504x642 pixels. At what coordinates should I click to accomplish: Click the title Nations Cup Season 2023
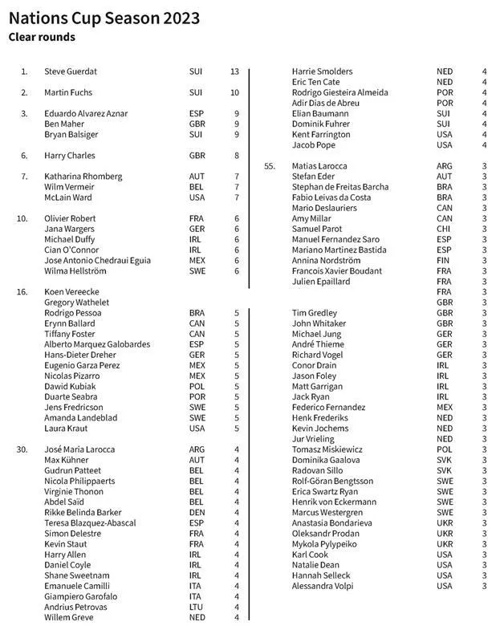tap(104, 18)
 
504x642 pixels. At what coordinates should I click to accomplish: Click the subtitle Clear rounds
tap(42, 37)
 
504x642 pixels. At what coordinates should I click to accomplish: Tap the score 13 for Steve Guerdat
tap(234, 71)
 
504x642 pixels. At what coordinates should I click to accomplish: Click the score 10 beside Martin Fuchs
tap(234, 93)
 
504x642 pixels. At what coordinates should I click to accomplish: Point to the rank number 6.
tap(24, 156)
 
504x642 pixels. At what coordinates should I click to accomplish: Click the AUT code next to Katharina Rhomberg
tap(197, 177)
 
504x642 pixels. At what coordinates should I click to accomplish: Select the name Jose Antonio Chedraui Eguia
tap(97, 261)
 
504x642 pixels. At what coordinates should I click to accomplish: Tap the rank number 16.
tap(22, 292)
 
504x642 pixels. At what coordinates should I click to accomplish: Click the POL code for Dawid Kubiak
tap(197, 387)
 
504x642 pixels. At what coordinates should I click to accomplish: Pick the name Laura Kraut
tap(67, 429)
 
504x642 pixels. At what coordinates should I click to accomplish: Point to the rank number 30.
tap(22, 449)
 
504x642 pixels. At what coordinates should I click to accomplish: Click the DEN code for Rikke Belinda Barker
tap(197, 513)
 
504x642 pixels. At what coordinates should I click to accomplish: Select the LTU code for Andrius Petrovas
tap(197, 607)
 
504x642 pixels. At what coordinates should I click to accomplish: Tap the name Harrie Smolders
tap(322, 71)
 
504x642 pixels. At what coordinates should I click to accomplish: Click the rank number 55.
tap(270, 166)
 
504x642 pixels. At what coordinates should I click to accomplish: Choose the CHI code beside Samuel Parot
tap(444, 230)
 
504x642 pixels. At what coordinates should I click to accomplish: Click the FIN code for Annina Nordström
tap(444, 261)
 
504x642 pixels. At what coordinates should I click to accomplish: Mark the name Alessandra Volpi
tap(323, 587)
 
